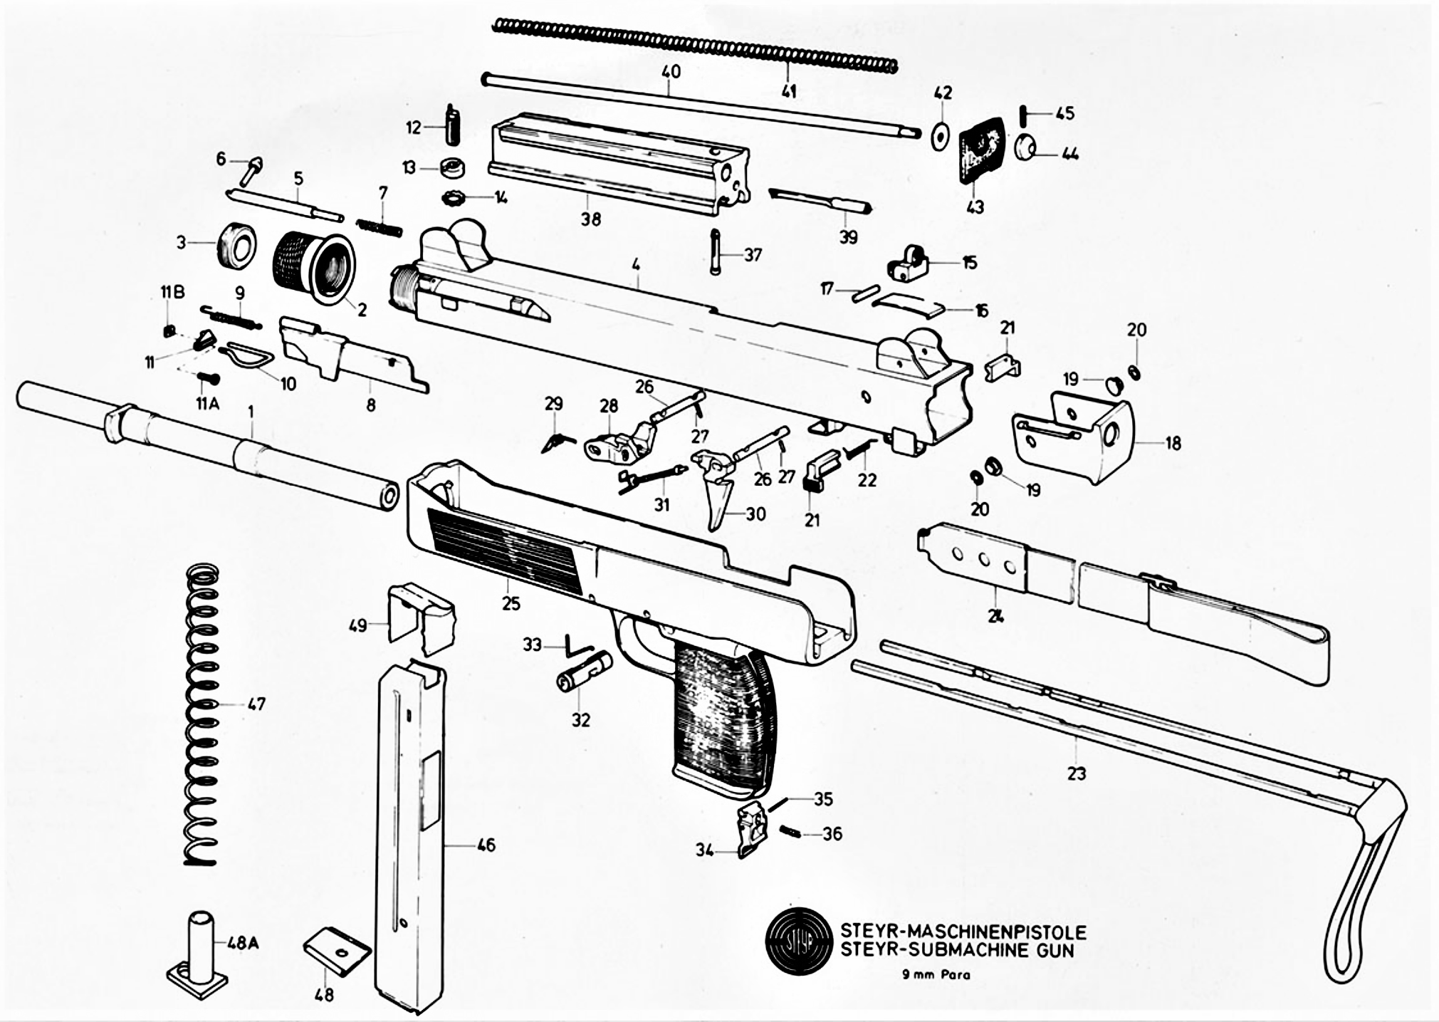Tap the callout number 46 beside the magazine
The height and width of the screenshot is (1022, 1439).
tap(486, 845)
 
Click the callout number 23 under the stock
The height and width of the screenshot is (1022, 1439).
tap(1076, 773)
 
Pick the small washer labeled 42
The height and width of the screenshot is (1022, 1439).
tap(942, 135)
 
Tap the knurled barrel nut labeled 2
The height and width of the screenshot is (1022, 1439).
tap(314, 267)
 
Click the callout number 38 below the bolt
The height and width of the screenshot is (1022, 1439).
tap(590, 219)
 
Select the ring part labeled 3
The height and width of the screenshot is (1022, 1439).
tap(235, 246)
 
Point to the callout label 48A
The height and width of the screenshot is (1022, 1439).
tap(243, 943)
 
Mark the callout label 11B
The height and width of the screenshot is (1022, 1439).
tap(173, 293)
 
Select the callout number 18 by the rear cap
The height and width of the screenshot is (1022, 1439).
tap(1173, 443)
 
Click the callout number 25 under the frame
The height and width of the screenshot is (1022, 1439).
tap(511, 603)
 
